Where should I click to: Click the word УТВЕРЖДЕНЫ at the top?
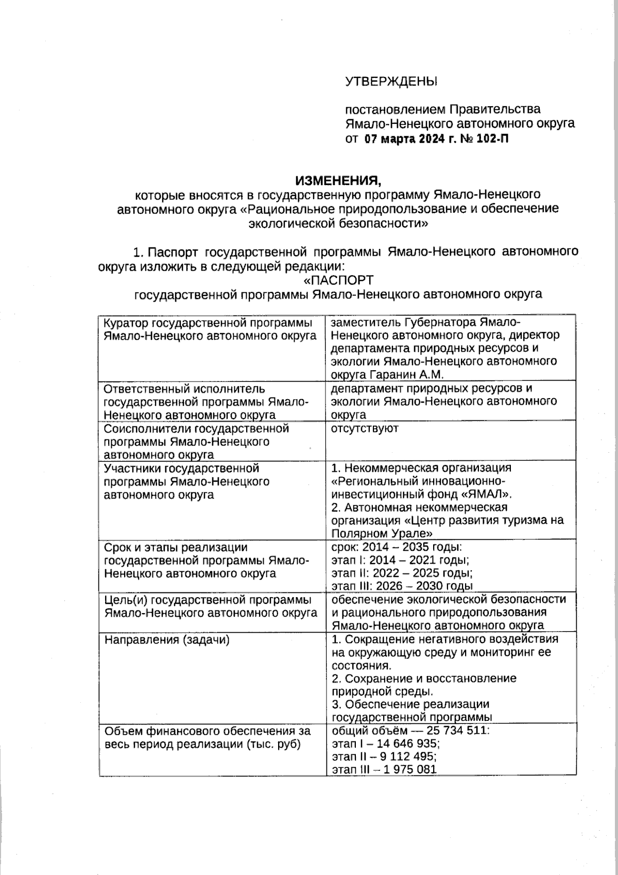tap(390, 81)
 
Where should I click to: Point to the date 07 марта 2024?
tap(404, 138)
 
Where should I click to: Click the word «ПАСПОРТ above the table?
tap(338, 280)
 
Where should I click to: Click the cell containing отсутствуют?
tap(365, 428)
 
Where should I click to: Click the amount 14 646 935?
tap(408, 744)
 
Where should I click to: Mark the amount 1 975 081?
tap(409, 769)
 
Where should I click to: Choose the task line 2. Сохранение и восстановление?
tap(424, 679)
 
